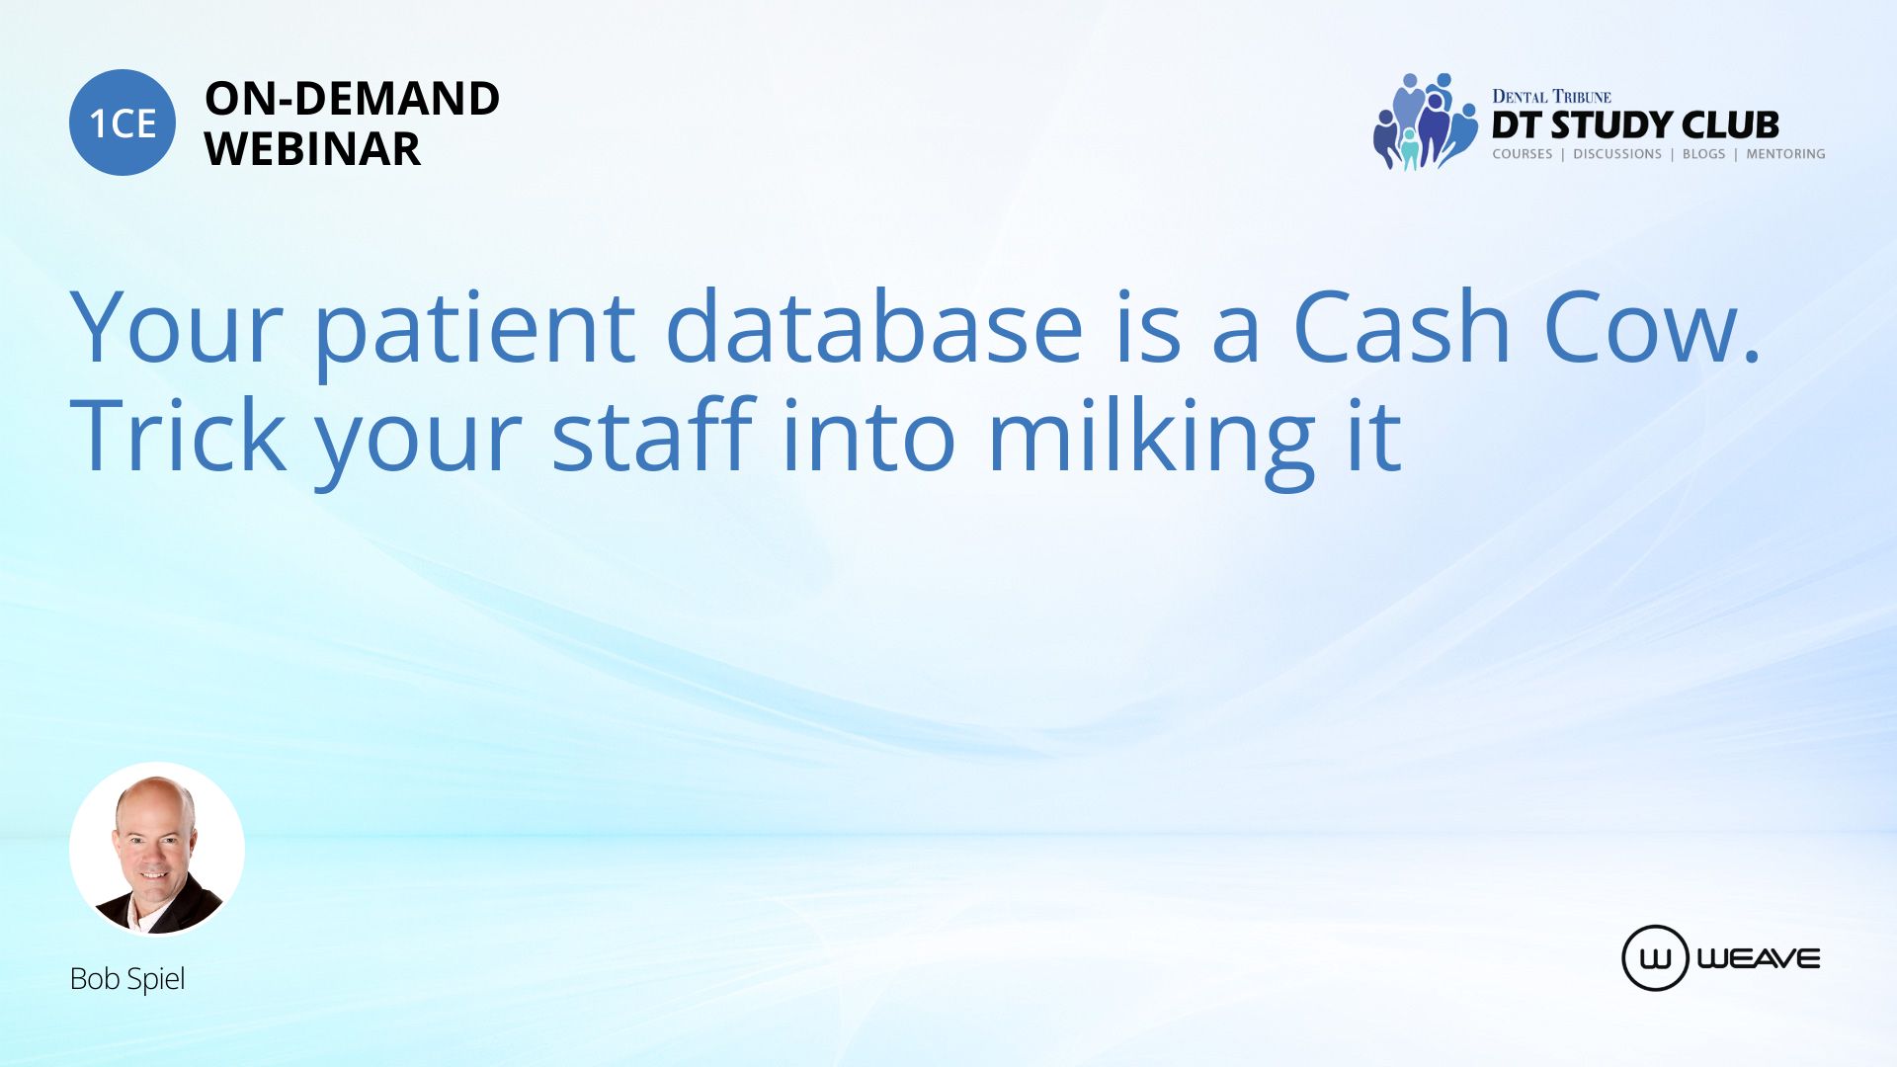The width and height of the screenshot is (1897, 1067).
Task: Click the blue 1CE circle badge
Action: pos(123,123)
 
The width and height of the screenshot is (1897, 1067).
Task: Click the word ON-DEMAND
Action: pos(352,99)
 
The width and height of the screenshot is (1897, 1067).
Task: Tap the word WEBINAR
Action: pos(312,149)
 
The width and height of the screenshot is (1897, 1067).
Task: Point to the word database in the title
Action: pos(874,326)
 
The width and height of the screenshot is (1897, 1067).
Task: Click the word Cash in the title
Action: pos(1402,326)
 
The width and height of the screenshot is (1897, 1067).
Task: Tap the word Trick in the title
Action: pos(178,434)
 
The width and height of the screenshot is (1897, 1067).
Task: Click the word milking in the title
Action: pos(1152,441)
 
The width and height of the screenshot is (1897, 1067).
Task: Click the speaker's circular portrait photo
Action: pos(157,850)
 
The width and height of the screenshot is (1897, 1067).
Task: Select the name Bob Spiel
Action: pos(127,978)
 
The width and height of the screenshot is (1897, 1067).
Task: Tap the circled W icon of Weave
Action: pos(1655,958)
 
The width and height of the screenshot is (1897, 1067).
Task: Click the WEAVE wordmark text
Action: pos(1759,958)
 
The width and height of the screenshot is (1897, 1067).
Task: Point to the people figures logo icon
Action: pos(1425,122)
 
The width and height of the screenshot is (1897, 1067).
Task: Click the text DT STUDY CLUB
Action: pos(1635,125)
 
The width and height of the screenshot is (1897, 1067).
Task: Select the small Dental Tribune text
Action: pos(1551,96)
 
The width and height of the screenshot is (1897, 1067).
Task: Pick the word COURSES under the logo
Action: pos(1522,154)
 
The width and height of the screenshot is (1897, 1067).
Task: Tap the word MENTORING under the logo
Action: pos(1785,154)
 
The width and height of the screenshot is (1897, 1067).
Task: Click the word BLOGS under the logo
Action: pos(1703,154)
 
